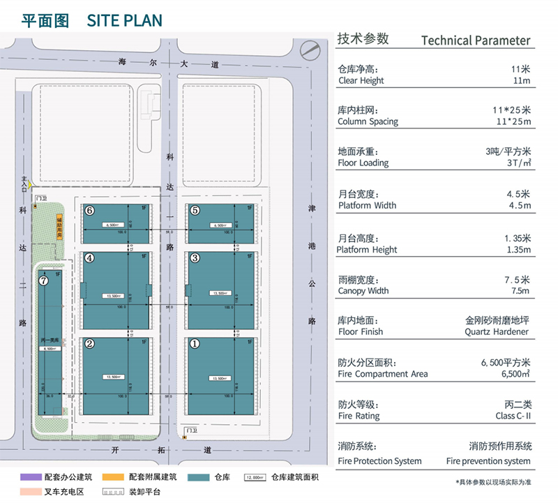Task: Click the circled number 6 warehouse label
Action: click(89, 210)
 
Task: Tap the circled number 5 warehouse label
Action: click(195, 210)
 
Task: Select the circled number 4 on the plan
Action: click(89, 257)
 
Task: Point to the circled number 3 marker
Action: click(195, 257)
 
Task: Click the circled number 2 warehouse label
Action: click(89, 343)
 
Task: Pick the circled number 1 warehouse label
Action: click(195, 343)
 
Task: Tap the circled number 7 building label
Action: click(43, 280)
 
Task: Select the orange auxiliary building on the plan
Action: click(57, 227)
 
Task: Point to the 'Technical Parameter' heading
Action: click(476, 40)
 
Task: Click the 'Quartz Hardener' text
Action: click(497, 332)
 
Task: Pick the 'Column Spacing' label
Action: click(368, 121)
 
